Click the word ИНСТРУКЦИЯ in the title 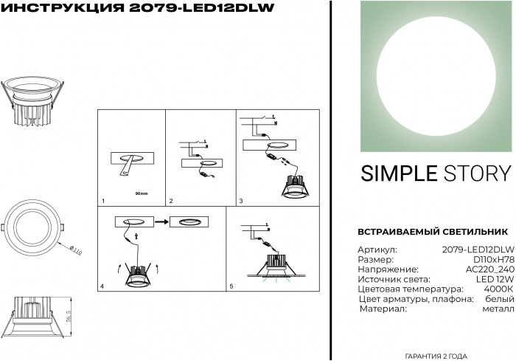[x=63, y=8]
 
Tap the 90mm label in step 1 [x=142, y=193]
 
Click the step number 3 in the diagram [x=241, y=201]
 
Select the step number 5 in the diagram [x=231, y=286]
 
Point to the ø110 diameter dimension [x=76, y=250]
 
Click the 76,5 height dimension [x=69, y=317]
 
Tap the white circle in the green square [x=436, y=76]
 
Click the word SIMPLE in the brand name [x=399, y=173]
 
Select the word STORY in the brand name [x=478, y=173]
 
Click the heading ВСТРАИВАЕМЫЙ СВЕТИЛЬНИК [x=433, y=232]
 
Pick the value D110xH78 [x=494, y=259]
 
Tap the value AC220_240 [x=490, y=269]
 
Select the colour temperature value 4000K [x=498, y=289]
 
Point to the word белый [x=500, y=299]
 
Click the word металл [x=498, y=309]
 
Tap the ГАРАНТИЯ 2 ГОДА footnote [x=436, y=356]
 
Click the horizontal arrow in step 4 [x=161, y=222]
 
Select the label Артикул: [x=377, y=250]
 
